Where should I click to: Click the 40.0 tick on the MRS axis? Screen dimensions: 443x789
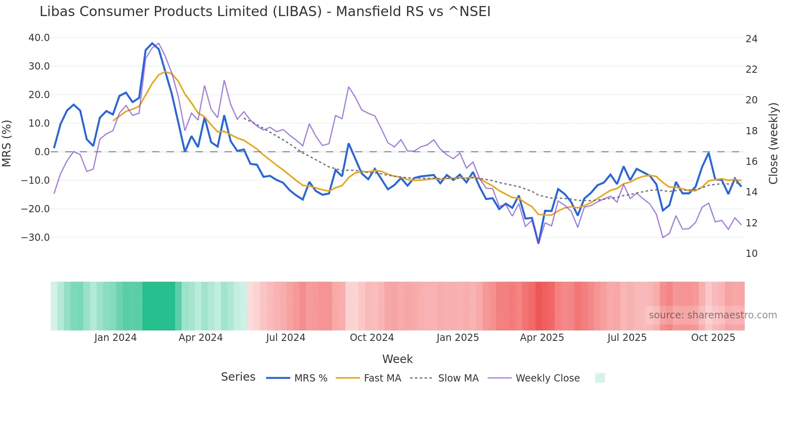click(39, 38)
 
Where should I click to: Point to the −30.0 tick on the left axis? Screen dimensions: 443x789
click(35, 238)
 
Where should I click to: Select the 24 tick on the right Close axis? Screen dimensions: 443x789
click(751, 39)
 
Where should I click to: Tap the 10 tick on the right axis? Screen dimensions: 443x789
click(751, 254)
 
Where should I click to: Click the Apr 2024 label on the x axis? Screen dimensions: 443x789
click(200, 338)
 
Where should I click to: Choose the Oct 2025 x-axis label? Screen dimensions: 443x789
click(713, 338)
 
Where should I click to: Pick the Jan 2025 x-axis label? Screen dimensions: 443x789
click(458, 338)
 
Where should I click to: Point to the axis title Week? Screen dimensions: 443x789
click(397, 359)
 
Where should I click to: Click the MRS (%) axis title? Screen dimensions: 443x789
click(7, 144)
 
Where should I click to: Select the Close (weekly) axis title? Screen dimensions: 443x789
click(773, 144)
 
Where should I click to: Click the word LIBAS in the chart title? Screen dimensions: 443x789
click(297, 12)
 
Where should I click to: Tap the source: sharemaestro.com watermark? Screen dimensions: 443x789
click(713, 315)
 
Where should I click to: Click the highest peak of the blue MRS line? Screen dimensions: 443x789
click(152, 43)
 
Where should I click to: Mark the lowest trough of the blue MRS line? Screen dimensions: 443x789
click(539, 243)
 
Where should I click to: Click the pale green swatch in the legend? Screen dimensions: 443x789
click(600, 378)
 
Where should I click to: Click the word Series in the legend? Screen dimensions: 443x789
click(238, 377)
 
